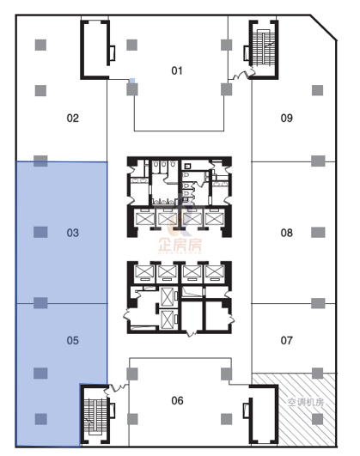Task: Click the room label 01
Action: click(177, 70)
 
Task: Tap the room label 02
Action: click(73, 118)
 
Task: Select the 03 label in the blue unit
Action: click(73, 233)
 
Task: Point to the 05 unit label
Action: click(73, 340)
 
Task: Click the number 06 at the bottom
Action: click(177, 401)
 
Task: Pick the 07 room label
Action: click(287, 340)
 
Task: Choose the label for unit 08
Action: click(287, 233)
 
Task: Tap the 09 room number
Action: click(287, 118)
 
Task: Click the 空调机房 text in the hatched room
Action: click(306, 402)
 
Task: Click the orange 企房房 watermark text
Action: click(180, 245)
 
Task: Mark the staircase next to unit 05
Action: click(95, 416)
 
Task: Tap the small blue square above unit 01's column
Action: click(132, 81)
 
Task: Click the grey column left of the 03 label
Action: click(40, 232)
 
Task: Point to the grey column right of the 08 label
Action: click(318, 233)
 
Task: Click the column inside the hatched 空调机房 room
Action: click(318, 419)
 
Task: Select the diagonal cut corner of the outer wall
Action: click(324, 27)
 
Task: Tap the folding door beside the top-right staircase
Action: click(241, 74)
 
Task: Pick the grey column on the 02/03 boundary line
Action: click(40, 161)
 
